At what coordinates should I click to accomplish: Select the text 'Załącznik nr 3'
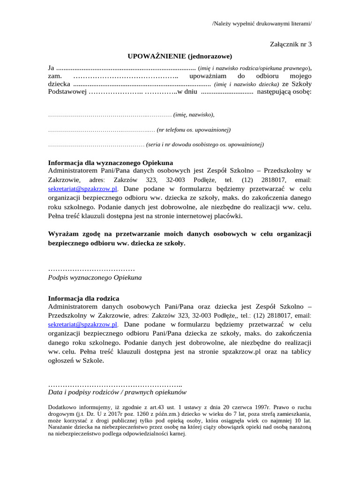click(x=291, y=45)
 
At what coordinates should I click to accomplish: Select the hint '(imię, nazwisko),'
click(x=194, y=114)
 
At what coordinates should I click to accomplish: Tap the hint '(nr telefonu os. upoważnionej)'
click(x=194, y=129)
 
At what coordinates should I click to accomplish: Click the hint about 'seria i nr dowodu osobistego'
click(x=205, y=144)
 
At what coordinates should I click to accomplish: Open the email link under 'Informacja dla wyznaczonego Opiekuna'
click(x=83, y=189)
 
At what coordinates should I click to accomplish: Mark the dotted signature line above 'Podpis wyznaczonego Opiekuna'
click(x=91, y=269)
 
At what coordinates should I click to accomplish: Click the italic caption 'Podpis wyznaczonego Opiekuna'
click(x=95, y=277)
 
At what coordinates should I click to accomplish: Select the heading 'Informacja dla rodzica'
click(x=84, y=298)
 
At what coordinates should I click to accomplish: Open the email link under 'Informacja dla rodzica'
click(x=83, y=324)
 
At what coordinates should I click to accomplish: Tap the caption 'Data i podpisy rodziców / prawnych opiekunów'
click(x=118, y=392)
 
